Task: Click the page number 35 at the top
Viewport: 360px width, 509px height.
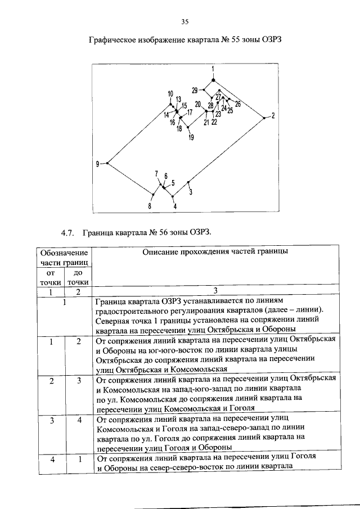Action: [x=184, y=22]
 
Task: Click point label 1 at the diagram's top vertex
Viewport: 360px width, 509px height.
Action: [x=213, y=69]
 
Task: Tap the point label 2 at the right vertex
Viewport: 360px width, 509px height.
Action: [x=273, y=116]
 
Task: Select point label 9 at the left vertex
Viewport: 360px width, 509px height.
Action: [x=97, y=164]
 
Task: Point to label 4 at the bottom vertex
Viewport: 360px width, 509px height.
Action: [x=175, y=206]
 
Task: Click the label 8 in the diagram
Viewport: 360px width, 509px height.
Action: [x=150, y=206]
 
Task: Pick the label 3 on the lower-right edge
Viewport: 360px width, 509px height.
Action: [x=191, y=192]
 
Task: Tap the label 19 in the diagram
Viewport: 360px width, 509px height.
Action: [x=191, y=138]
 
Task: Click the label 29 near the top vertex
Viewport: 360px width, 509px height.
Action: [x=195, y=90]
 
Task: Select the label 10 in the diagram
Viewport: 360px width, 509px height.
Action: [x=170, y=93]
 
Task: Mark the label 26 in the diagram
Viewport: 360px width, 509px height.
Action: [x=237, y=104]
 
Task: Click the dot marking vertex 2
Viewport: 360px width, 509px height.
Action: [x=264, y=117]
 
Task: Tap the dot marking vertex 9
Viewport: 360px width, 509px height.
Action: [x=107, y=163]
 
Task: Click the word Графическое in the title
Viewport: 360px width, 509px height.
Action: [x=116, y=40]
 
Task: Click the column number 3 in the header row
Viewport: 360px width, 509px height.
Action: [x=215, y=291]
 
